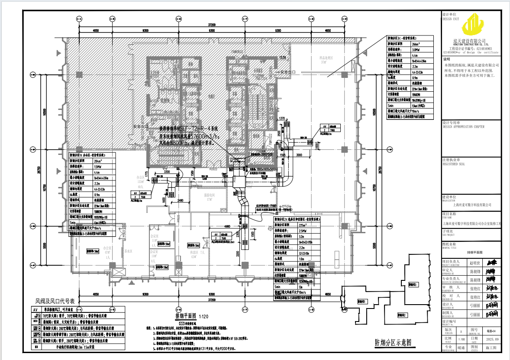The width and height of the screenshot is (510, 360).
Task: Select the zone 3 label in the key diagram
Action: click(x=412, y=285)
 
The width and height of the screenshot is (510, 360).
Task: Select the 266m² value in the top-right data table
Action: click(x=416, y=44)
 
